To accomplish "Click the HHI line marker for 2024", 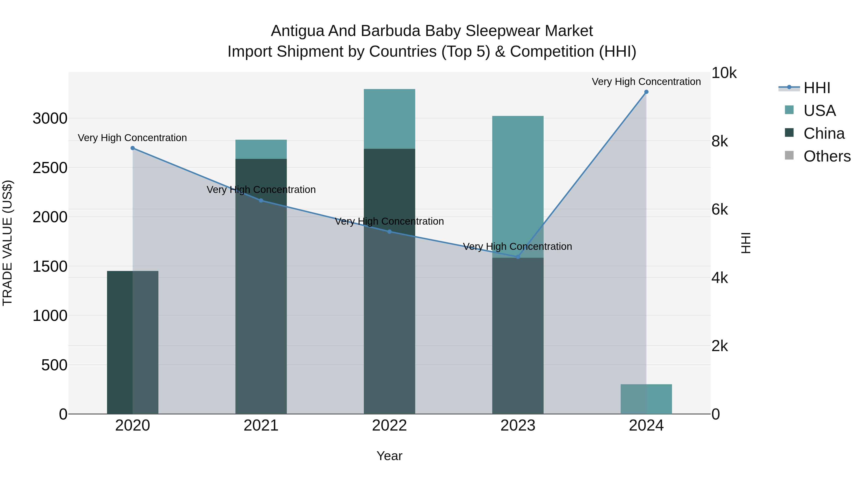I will (646, 92).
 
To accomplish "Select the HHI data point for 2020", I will (132, 148).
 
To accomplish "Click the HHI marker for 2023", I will (518, 257).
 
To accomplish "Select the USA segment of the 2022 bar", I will (390, 119).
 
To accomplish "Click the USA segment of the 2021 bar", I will (261, 149).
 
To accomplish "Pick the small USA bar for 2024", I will (646, 399).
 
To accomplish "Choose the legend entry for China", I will (824, 133).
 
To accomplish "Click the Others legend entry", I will (827, 156).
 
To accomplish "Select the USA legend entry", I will (819, 111).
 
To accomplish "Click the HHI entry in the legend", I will (817, 88).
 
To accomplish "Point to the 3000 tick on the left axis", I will (50, 119).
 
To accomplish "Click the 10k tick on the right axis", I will (724, 73).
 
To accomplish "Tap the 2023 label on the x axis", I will (518, 426).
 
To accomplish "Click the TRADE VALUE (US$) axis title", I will (7, 243).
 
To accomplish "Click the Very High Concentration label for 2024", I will (646, 82).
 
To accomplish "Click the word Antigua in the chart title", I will (297, 31).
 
